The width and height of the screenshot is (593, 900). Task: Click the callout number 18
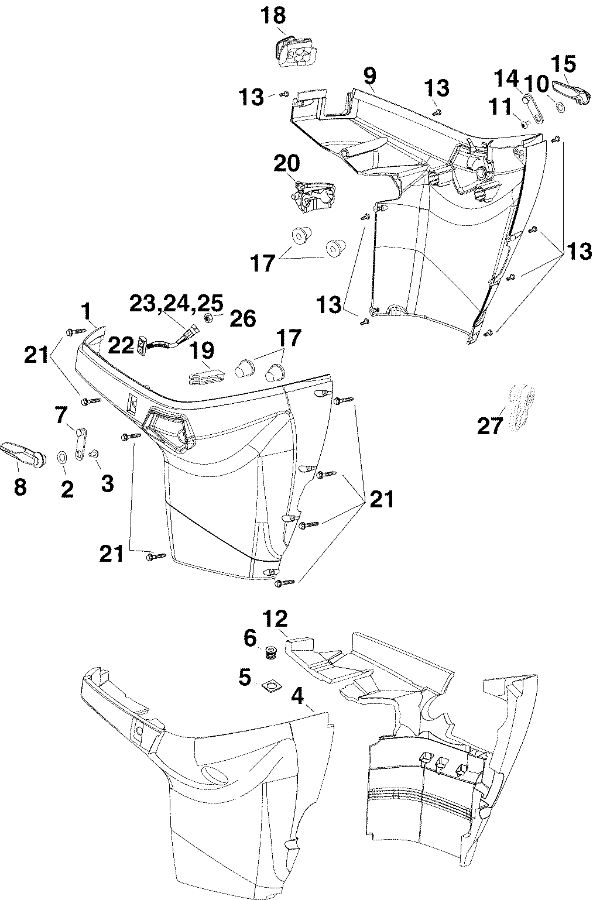click(273, 16)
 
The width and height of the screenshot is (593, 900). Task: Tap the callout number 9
click(369, 76)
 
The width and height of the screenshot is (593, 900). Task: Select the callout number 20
click(287, 163)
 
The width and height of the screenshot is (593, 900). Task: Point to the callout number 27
click(490, 426)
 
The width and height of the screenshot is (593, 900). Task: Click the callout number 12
click(275, 619)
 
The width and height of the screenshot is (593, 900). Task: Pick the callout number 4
click(297, 697)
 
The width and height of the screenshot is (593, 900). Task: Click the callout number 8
click(20, 487)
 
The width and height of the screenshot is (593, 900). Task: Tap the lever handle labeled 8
click(23, 455)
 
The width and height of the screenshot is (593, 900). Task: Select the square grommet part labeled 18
click(296, 52)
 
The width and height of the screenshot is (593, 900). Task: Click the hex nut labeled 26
click(208, 317)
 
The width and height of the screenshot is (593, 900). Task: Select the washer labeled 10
click(559, 107)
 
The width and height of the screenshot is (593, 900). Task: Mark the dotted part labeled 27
click(522, 408)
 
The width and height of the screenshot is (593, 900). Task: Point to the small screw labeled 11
click(525, 125)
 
